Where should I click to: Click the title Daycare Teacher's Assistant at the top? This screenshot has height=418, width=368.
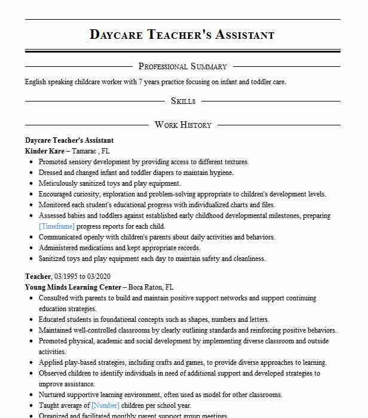pos(182,34)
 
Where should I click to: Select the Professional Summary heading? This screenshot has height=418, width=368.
pos(183,66)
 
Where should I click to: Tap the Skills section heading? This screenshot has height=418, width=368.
pos(183,101)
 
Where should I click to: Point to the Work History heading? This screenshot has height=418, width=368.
pos(183,125)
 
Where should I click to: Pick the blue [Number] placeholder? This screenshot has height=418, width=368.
pos(105,405)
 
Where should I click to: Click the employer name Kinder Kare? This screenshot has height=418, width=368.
pos(45,151)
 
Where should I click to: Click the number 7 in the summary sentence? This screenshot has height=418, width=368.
pos(141,82)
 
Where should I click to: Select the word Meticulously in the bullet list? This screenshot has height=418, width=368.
pos(59,183)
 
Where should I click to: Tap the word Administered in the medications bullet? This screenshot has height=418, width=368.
pos(59,248)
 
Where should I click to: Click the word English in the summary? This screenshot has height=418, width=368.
pos(36,82)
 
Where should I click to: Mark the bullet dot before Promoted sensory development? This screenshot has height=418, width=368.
pos(30,162)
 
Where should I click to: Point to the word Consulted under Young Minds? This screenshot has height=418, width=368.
pos(56,297)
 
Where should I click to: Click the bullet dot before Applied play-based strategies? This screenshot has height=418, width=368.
pos(30,362)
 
